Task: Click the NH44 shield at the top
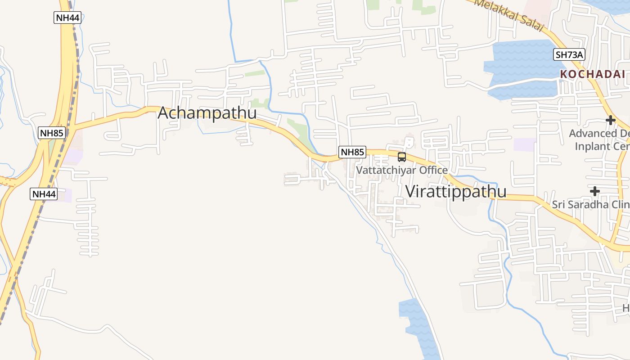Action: [x=67, y=18]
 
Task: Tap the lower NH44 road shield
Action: [x=44, y=194]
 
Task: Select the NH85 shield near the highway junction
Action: [x=52, y=133]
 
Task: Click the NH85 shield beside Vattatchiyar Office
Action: [x=352, y=152]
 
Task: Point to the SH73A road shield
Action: [x=569, y=55]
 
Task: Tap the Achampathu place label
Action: [x=207, y=113]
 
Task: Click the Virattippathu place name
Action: [x=456, y=191]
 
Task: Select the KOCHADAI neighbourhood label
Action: [x=593, y=74]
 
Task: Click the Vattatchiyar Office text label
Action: [x=402, y=170]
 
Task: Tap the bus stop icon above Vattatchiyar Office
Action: [x=402, y=157]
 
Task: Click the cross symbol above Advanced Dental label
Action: [x=610, y=120]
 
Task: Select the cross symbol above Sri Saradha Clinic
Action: [x=594, y=191]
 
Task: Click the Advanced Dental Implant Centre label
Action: [x=599, y=139]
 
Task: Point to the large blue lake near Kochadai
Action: [x=522, y=67]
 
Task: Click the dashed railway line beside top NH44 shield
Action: [x=76, y=54]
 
